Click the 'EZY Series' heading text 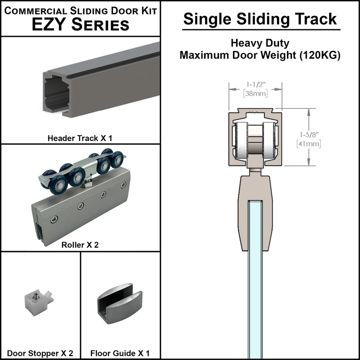pos(80,25)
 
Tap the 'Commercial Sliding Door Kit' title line pos(80,9)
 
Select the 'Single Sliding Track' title pos(260,18)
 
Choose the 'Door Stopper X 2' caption pos(40,353)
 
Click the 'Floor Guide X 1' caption pos(120,353)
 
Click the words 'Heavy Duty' pos(260,43)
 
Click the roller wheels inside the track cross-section pos(255,142)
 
